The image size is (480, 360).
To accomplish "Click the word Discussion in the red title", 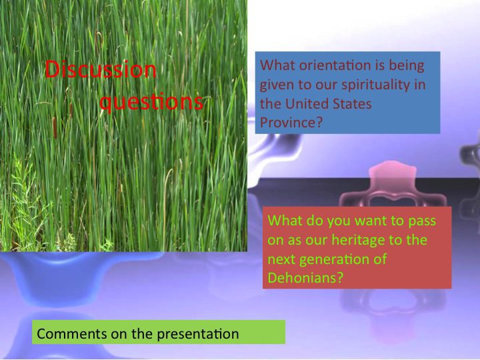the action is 101,69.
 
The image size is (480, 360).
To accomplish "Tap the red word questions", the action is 151,102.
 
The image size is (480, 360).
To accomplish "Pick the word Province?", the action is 291,123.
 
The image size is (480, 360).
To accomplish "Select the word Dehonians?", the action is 305,278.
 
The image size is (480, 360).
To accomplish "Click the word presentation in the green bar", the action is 198,334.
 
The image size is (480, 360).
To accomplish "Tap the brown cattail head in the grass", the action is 55,127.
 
